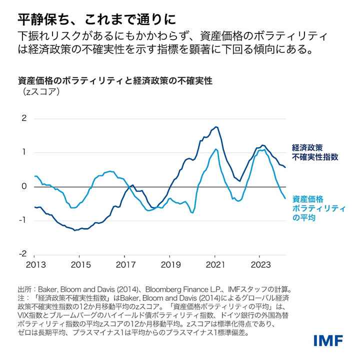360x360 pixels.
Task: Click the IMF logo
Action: [x=328, y=341]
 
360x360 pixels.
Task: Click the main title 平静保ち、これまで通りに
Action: [x=96, y=19]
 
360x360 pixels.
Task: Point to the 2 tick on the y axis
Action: [x=23, y=118]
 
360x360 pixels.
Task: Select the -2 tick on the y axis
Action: [x=22, y=254]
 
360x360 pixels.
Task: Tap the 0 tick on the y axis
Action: [x=23, y=186]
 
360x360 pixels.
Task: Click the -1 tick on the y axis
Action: [x=22, y=220]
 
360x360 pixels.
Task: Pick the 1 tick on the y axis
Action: [x=23, y=152]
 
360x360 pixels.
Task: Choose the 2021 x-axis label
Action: [x=215, y=264]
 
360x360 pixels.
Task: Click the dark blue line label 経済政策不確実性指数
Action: [x=315, y=152]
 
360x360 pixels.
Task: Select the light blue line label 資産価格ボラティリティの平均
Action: [x=317, y=207]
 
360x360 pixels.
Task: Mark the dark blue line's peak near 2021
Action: [x=215, y=127]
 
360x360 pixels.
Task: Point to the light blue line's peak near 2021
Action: [x=215, y=149]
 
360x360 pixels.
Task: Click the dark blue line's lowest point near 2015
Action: [x=75, y=230]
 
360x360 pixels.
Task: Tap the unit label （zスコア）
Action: [x=40, y=91]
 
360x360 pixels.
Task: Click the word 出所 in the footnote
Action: [x=24, y=288]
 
